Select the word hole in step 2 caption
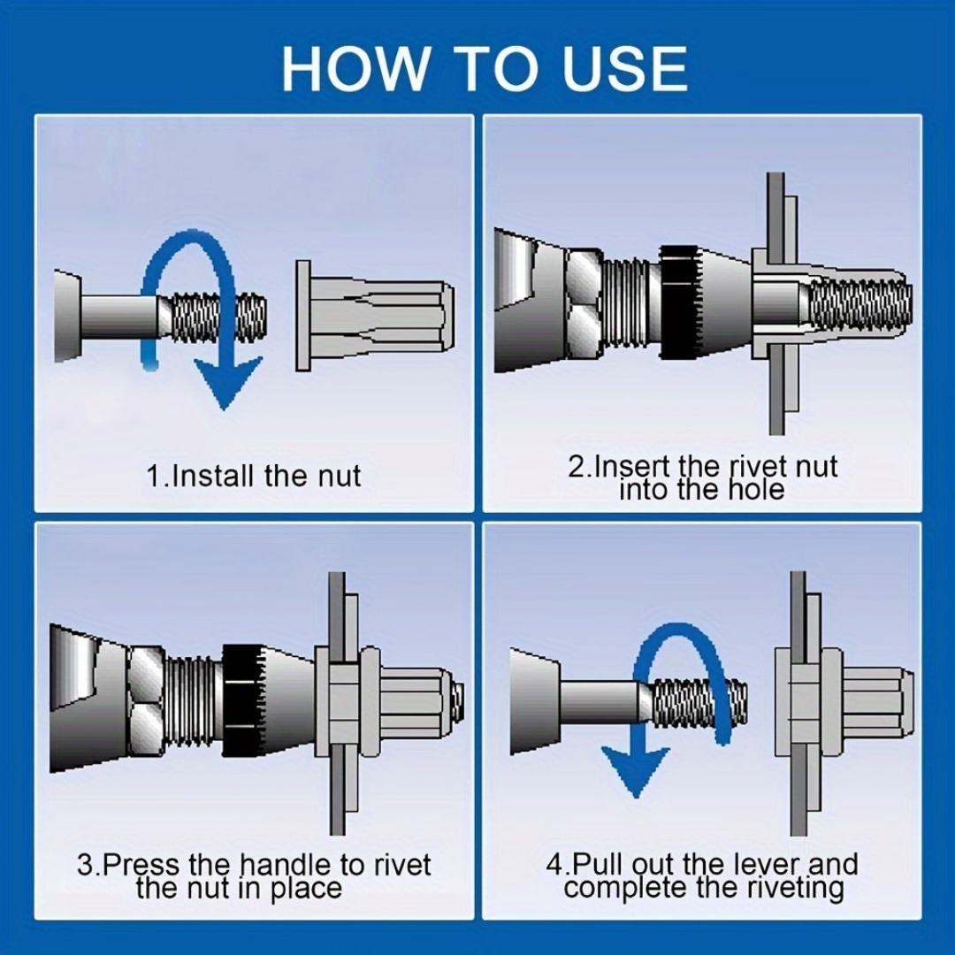point(752,489)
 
